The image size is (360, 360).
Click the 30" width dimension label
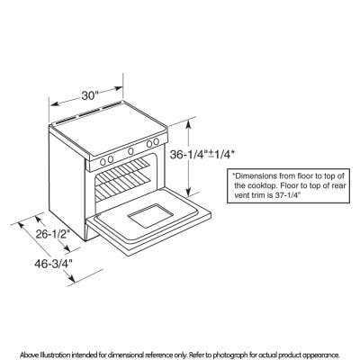90,96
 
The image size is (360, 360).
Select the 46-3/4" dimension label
53,264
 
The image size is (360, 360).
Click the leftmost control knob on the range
103,162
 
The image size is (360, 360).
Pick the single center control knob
130,151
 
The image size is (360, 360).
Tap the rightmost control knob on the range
156,141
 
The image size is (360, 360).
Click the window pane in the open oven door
150,216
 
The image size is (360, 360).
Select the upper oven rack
122,170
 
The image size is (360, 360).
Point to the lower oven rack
122,189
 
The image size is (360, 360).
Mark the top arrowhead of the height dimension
188,122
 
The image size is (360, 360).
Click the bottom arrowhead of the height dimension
188,193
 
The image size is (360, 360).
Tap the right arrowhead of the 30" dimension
119,88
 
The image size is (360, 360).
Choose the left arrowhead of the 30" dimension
55,104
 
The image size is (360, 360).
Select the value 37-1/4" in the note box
288,194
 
